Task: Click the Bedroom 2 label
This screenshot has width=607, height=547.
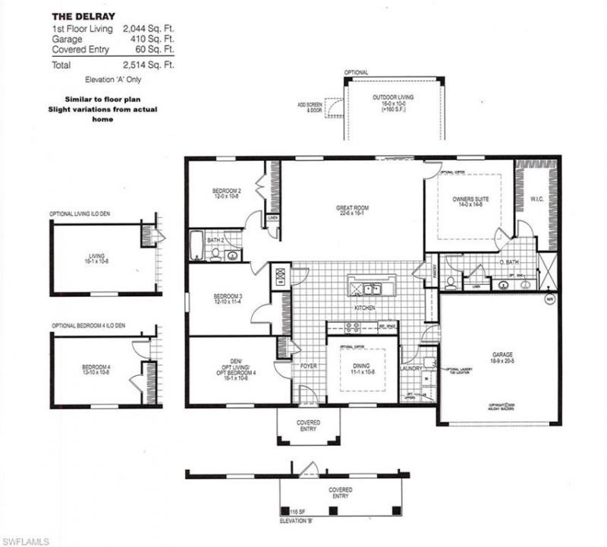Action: click(x=226, y=192)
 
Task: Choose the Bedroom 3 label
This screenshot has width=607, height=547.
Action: click(x=226, y=297)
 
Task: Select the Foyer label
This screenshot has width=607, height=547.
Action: click(x=310, y=365)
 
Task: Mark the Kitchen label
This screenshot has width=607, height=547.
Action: click(x=366, y=308)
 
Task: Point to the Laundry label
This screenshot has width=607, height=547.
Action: click(x=410, y=368)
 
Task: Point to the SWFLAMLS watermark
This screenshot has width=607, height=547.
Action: click(x=25, y=540)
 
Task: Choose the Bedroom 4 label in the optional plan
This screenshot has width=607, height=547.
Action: click(x=96, y=370)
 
